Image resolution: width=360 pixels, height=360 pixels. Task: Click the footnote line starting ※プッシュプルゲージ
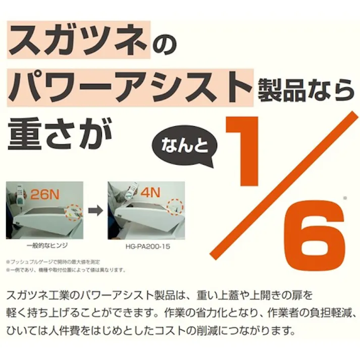pyautogui.click(x=53, y=262)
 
